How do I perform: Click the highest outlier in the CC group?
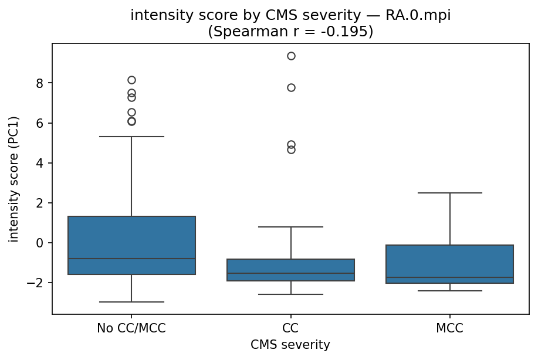[x=291, y=56]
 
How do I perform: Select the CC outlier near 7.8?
[x=291, y=87]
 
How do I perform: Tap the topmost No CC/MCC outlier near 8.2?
[x=131, y=80]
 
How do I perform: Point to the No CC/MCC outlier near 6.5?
[x=131, y=112]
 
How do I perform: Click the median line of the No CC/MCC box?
[x=131, y=259]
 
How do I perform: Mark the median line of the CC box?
[x=291, y=273]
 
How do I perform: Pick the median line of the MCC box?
[x=450, y=277]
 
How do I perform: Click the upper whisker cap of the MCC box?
[x=450, y=193]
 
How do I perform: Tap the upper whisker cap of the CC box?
[x=291, y=227]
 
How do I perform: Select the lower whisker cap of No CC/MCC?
[x=131, y=302]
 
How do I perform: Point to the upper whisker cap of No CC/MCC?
[x=131, y=137]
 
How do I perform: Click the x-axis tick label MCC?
[x=450, y=328]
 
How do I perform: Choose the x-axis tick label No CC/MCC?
[x=131, y=328]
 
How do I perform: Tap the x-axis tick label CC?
[x=291, y=328]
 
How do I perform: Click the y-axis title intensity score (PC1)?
[x=14, y=179]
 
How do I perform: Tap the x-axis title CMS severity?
[x=290, y=345]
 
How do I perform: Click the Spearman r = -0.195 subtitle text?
[x=290, y=32]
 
